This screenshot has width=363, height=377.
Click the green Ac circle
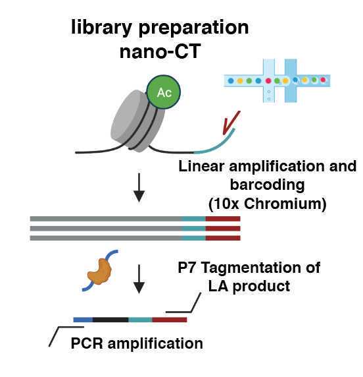(x=164, y=92)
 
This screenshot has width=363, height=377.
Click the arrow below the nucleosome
(x=139, y=190)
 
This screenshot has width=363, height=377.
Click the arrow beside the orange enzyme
(x=139, y=281)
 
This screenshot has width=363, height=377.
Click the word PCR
(x=85, y=343)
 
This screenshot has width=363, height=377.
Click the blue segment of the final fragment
(x=83, y=320)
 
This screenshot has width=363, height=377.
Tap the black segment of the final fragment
(x=110, y=320)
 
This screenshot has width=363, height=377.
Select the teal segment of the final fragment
(x=140, y=320)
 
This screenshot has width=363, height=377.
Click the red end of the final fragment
(x=170, y=320)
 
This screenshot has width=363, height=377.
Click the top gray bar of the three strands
(x=105, y=218)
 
